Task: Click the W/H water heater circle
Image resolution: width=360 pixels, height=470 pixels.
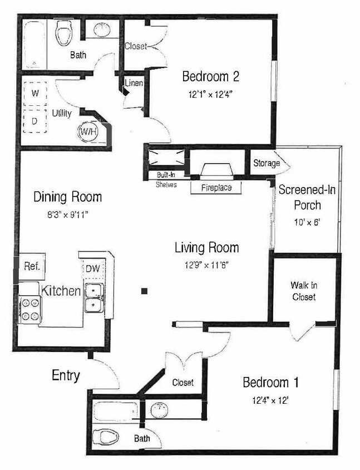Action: (x=88, y=131)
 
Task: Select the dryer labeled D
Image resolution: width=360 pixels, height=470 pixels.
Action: (x=34, y=120)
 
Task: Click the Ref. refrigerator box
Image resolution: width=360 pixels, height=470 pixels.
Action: (x=32, y=267)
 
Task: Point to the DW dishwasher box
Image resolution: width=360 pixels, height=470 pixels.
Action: (x=92, y=269)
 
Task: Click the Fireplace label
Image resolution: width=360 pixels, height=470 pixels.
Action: (x=217, y=188)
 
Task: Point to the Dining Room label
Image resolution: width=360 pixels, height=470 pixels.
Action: (x=67, y=197)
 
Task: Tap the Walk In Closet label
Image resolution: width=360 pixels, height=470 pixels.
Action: (x=303, y=291)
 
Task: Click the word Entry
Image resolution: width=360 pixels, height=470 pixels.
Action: (x=66, y=375)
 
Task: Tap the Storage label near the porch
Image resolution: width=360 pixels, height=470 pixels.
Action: (x=267, y=163)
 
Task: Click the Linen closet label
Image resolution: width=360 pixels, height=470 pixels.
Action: (x=134, y=84)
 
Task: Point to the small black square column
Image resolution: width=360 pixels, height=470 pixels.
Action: (x=144, y=291)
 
